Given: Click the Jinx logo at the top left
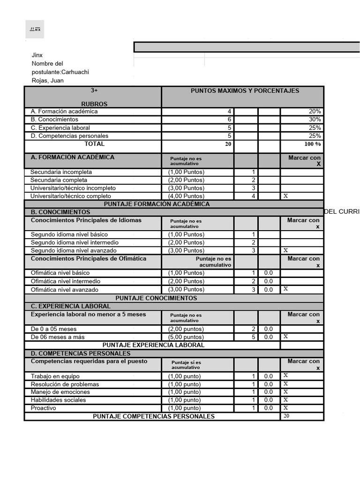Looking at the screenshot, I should [35, 29].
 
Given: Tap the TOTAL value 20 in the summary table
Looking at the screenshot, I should [228, 144].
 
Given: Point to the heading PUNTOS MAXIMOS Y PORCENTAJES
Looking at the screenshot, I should [245, 91].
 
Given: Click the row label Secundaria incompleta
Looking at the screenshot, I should [61, 172].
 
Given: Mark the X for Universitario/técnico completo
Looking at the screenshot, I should [286, 196].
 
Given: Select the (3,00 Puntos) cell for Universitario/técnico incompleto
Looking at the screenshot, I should [186, 188].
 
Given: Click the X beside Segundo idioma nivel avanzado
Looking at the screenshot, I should [286, 250].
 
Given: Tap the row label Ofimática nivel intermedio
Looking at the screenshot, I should [65, 281].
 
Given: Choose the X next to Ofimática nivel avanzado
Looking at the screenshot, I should [286, 289].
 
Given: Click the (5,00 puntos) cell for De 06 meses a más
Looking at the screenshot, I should [186, 337].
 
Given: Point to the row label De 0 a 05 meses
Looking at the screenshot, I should [53, 329].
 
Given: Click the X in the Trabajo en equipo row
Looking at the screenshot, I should [285, 376].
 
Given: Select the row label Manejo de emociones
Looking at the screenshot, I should [60, 392].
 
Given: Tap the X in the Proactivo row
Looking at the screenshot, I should [285, 408].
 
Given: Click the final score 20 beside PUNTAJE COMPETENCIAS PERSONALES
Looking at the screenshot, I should [286, 416].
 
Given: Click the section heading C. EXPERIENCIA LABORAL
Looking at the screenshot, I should [71, 306].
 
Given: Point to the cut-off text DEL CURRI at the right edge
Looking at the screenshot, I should [342, 212].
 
